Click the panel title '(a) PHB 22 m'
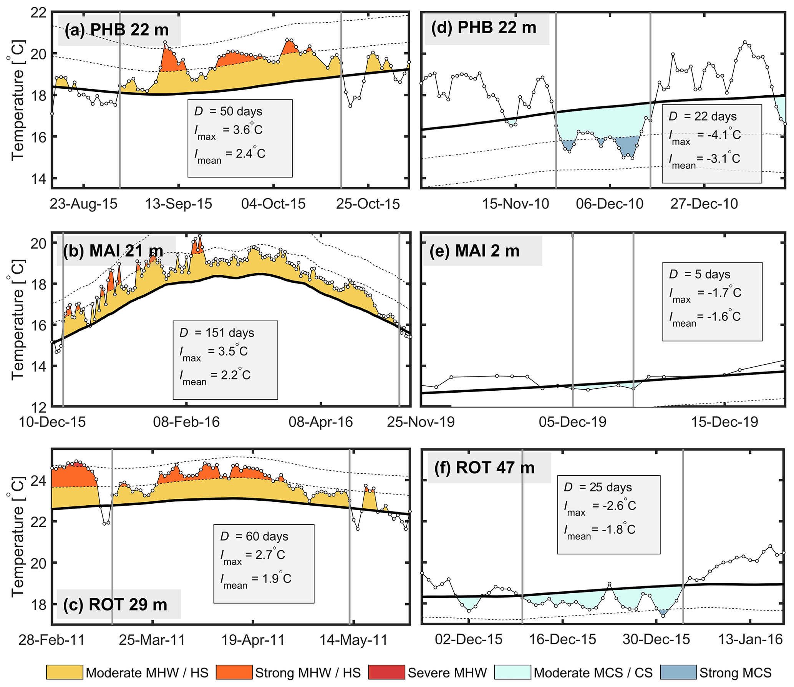117,30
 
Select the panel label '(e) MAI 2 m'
474,251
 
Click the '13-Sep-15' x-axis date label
178,204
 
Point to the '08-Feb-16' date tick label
186,422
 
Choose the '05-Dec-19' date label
572,422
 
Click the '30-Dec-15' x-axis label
656,639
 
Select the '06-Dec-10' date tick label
610,204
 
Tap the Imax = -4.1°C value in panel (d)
704,135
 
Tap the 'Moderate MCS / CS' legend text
593,673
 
